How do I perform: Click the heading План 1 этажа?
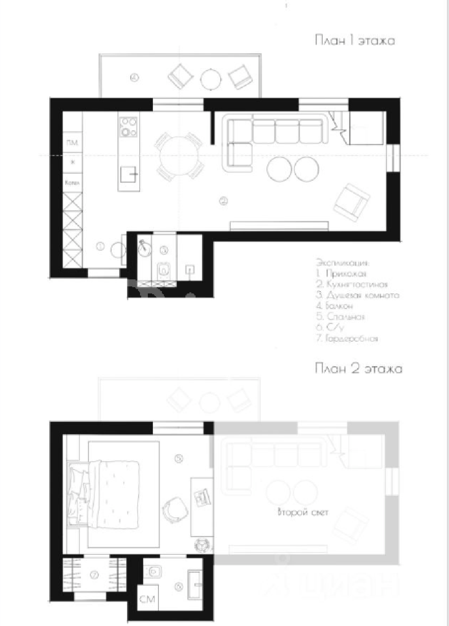pyautogui.click(x=355, y=41)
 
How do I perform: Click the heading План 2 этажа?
pyautogui.click(x=358, y=369)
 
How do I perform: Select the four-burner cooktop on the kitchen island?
pyautogui.click(x=129, y=127)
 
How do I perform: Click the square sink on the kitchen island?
pyautogui.click(x=129, y=174)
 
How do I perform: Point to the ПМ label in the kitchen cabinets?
pyautogui.click(x=72, y=143)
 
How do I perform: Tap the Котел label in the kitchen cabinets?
pyautogui.click(x=72, y=183)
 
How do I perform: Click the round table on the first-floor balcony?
pyautogui.click(x=211, y=79)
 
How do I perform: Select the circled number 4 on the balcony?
pyautogui.click(x=134, y=78)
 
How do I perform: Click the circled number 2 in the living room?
pyautogui.click(x=223, y=201)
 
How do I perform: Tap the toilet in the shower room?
pyautogui.click(x=163, y=270)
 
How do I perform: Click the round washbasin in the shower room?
pyautogui.click(x=145, y=248)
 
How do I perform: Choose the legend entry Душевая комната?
pyautogui.click(x=357, y=295)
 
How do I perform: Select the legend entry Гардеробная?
pyautogui.click(x=347, y=338)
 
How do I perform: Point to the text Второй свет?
pyautogui.click(x=303, y=512)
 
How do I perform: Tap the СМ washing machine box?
pyautogui.click(x=147, y=598)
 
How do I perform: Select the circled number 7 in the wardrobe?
pyautogui.click(x=94, y=575)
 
